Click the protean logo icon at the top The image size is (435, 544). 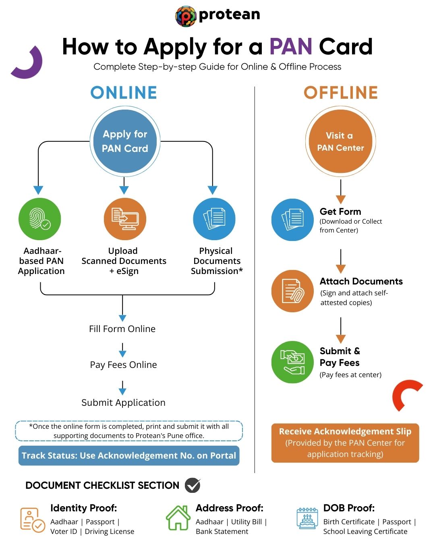pyautogui.click(x=186, y=16)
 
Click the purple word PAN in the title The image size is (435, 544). pyautogui.click(x=291, y=47)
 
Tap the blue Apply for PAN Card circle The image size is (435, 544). pyautogui.click(x=125, y=141)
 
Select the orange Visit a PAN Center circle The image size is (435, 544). pyautogui.click(x=340, y=141)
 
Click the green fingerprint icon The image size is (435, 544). pyautogui.click(x=39, y=219)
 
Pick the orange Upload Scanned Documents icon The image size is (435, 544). pyautogui.click(x=125, y=219)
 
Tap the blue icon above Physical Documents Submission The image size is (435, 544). pyautogui.click(x=214, y=219)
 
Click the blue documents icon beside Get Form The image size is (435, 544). pyautogui.click(x=292, y=220)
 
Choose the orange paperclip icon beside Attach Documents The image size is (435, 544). pyautogui.click(x=292, y=291)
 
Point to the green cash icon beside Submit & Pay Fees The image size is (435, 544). pyautogui.click(x=292, y=362)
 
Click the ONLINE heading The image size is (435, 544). pyautogui.click(x=124, y=93)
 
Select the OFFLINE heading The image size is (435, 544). pyautogui.click(x=341, y=93)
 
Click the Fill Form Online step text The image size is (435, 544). pyautogui.click(x=122, y=329)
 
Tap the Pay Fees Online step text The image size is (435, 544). pyautogui.click(x=123, y=365)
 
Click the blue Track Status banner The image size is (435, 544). pyautogui.click(x=129, y=456)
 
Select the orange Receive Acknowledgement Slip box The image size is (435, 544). pyautogui.click(x=345, y=443)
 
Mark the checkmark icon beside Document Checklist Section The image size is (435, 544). pyautogui.click(x=193, y=485)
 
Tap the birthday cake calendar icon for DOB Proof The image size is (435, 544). pyautogui.click(x=307, y=518)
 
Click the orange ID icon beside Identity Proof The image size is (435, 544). pyautogui.click(x=32, y=520)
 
